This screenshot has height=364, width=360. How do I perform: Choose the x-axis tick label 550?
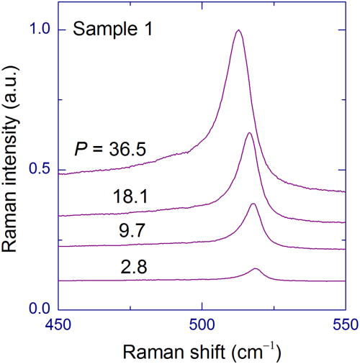pyautogui.click(x=344, y=325)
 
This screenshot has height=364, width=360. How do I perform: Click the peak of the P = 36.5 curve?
pyautogui.click(x=238, y=30)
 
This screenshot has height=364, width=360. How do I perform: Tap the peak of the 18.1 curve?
pyautogui.click(x=249, y=133)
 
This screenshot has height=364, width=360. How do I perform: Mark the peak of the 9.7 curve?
pyautogui.click(x=253, y=204)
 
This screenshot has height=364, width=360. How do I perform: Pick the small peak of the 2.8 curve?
pyautogui.click(x=256, y=269)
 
